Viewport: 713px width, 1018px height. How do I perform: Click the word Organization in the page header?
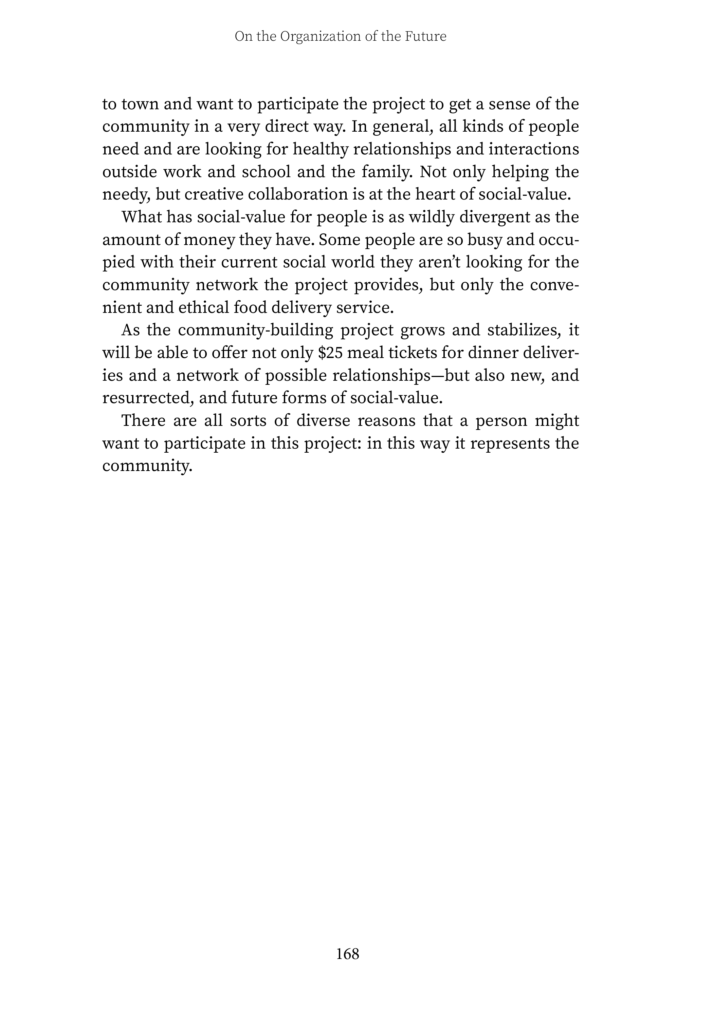click(x=320, y=36)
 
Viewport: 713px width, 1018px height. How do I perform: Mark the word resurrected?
click(x=148, y=398)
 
